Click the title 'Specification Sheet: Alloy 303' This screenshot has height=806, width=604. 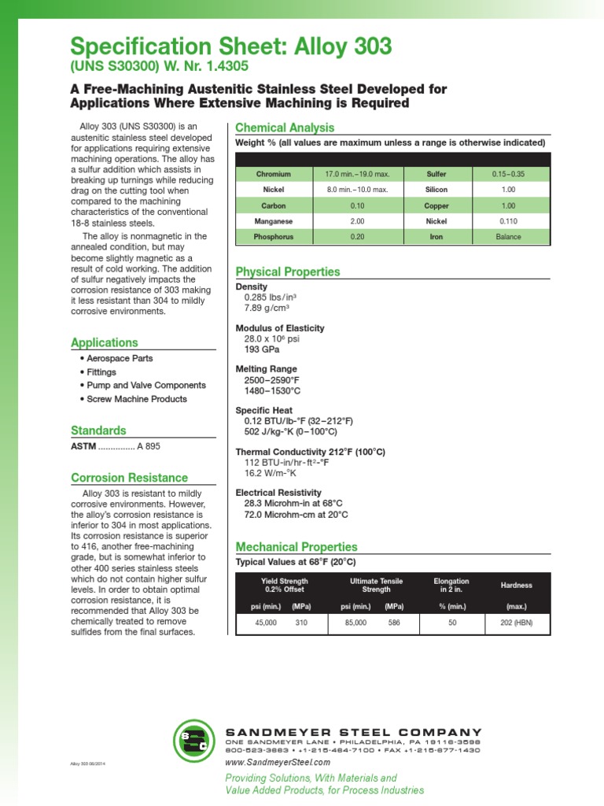tap(230, 47)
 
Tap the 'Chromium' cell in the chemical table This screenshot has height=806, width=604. tap(273, 174)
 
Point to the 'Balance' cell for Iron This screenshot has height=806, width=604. tap(508, 237)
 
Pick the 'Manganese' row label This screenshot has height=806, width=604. tap(273, 221)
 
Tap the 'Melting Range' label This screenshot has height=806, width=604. tap(267, 368)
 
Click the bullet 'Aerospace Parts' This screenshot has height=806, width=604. tap(120, 358)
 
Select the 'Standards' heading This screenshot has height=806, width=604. tap(98, 431)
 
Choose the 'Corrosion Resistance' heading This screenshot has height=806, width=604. tap(130, 478)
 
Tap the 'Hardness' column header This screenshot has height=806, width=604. tap(516, 586)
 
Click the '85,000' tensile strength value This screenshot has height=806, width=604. tap(354, 623)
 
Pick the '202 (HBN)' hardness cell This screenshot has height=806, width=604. tap(516, 623)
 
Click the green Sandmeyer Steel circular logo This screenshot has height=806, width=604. tap(193, 741)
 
